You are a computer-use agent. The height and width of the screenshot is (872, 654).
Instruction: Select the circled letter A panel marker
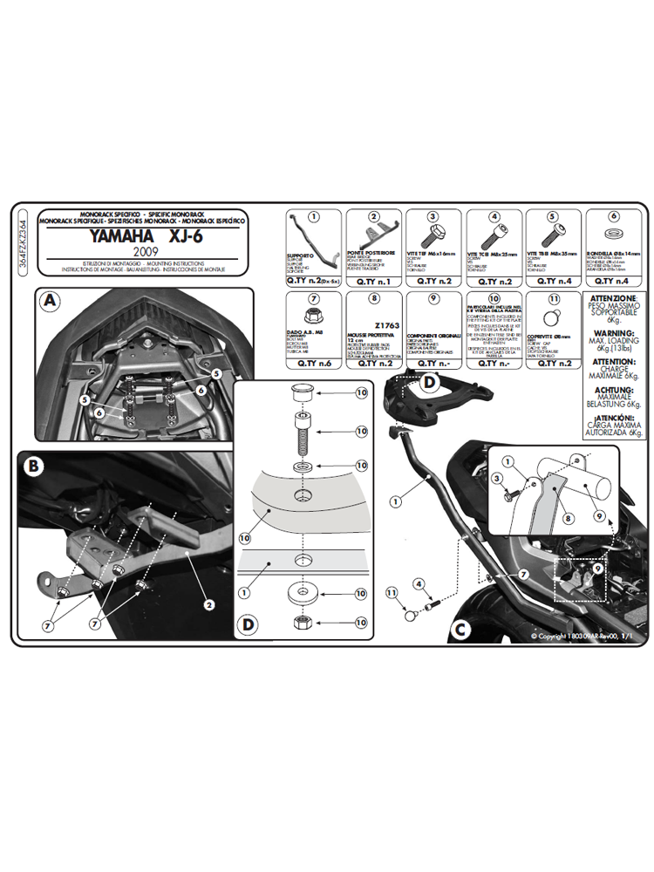pyautogui.click(x=51, y=302)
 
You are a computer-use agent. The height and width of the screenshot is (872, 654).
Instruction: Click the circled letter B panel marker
pyautogui.click(x=34, y=466)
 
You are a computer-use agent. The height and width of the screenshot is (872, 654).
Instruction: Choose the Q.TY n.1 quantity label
pyautogui.click(x=372, y=282)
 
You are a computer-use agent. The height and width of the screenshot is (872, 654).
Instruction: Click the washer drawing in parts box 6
pyautogui.click(x=613, y=237)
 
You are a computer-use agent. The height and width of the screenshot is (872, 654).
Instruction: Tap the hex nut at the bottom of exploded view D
pyautogui.click(x=300, y=623)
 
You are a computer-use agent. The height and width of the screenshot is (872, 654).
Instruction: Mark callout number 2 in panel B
pyautogui.click(x=209, y=602)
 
